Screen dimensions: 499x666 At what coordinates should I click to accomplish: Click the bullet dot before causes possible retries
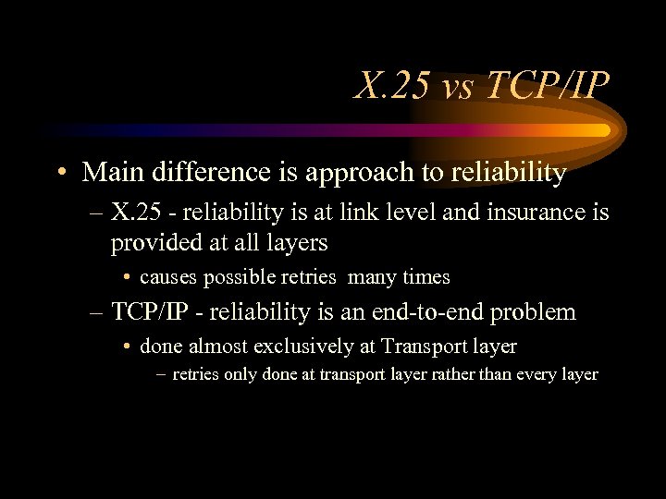tap(125, 277)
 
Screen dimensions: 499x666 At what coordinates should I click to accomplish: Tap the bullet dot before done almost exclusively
tap(125, 347)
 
